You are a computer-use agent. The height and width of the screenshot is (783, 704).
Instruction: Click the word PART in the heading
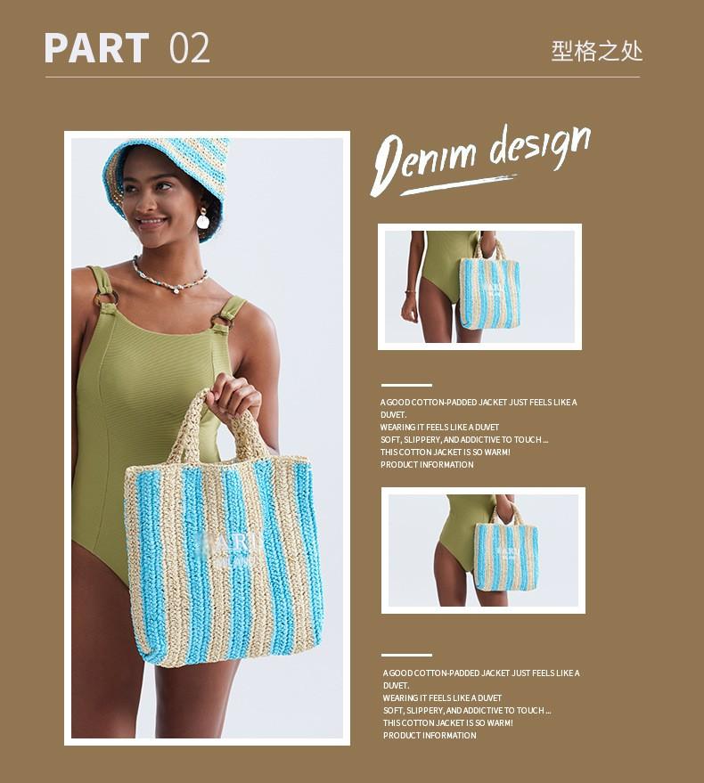click(96, 48)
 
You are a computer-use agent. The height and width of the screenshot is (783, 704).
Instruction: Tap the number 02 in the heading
click(189, 48)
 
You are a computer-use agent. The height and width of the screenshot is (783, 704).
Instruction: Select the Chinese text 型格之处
click(596, 50)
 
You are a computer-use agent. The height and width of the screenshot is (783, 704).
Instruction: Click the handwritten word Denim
click(419, 161)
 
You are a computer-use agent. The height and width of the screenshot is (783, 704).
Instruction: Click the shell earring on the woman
click(202, 218)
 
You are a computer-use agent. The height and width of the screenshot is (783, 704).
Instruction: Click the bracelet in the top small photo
click(411, 291)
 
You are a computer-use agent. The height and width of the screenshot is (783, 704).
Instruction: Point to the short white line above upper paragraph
click(406, 386)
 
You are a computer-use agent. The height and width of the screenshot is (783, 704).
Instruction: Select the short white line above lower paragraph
click(406, 656)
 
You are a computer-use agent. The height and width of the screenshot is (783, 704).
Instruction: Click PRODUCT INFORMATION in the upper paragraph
click(427, 465)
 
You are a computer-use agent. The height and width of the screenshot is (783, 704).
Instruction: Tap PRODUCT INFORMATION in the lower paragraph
click(430, 736)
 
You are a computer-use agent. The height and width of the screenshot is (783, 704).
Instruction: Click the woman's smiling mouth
click(151, 219)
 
